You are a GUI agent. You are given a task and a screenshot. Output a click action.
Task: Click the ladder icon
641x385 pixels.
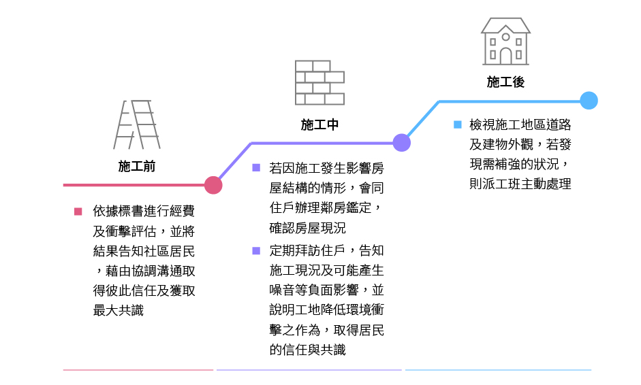137,124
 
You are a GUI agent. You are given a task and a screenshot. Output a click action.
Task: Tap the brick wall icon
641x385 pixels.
319,82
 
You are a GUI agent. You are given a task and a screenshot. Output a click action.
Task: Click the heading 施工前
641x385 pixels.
136,166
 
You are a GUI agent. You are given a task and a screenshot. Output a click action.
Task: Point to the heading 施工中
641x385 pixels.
319,124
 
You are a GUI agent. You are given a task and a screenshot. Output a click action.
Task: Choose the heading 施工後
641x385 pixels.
505,82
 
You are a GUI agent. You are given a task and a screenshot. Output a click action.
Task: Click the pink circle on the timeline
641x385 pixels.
213,185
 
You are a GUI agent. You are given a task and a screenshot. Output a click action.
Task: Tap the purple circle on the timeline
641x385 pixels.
402,143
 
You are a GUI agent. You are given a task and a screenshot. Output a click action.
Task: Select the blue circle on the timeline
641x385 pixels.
589,101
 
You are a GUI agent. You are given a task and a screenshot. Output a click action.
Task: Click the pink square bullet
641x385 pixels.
78,212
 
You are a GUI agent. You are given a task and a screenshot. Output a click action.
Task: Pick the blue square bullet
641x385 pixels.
458,124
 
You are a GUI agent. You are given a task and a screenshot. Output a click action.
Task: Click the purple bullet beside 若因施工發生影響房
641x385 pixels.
256,167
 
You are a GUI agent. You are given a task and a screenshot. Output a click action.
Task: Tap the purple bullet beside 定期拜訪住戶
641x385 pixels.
256,250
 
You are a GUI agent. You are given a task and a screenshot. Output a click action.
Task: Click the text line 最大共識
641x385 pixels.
119,310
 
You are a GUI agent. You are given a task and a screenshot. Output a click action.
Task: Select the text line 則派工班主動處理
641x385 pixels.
520,184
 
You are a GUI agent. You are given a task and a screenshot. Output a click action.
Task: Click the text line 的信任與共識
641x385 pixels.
307,350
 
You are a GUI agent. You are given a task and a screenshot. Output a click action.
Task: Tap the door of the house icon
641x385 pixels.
505,56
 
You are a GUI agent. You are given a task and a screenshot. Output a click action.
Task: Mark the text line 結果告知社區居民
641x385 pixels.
144,250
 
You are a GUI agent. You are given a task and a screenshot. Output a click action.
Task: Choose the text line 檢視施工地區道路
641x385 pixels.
520,124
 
